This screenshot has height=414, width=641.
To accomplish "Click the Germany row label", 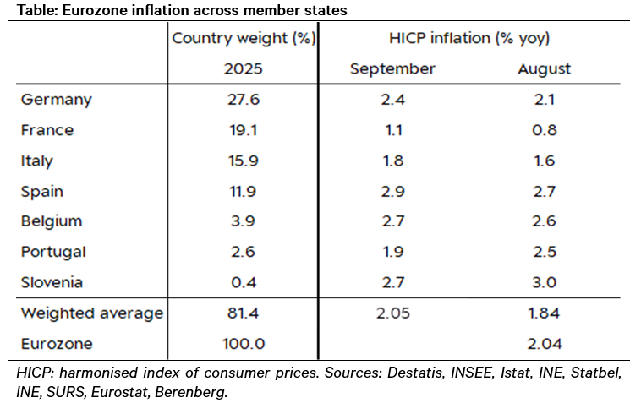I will coord(56,100).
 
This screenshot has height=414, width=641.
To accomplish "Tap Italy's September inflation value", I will coord(392,161).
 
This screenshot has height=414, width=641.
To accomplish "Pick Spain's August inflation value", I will coord(544,191).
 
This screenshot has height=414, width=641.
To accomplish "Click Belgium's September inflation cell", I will coord(392,221).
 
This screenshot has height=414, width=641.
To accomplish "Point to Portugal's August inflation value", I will coord(544,252).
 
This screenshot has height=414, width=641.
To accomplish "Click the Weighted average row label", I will coord(91,313).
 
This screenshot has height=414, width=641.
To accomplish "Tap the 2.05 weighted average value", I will coord(392,313).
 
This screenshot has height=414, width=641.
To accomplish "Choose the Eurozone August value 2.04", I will coord(544,345).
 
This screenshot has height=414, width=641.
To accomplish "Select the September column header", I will coord(392,68).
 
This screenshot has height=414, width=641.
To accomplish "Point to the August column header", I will coord(544,68).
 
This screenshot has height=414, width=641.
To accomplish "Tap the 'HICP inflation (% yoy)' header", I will coord(470,38).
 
